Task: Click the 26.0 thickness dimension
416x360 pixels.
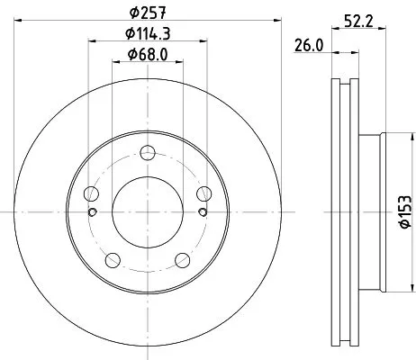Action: tap(309, 44)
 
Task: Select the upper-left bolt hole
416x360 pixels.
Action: tap(90, 193)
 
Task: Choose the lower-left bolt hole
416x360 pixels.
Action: tap(112, 260)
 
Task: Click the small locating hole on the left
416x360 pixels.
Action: tap(92, 212)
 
